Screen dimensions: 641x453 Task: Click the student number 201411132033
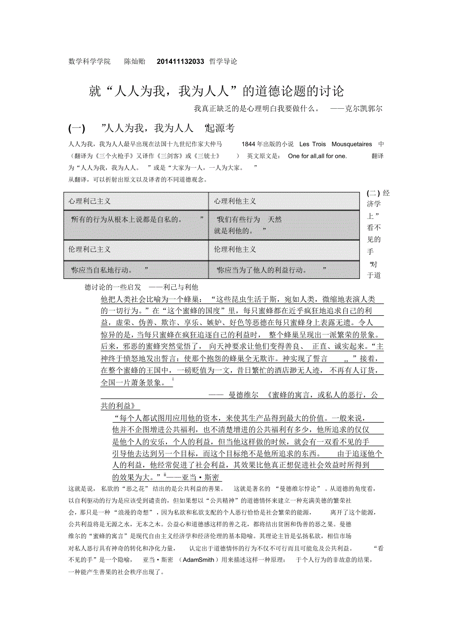180,61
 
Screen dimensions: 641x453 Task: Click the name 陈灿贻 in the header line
134,61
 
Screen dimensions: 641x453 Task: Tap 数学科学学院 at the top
90,61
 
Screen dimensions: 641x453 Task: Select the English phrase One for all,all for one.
318,156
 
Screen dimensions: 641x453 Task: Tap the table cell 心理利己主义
90,201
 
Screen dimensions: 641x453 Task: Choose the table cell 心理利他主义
235,201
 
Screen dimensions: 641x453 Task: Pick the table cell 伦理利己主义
90,249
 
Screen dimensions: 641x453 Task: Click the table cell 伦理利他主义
235,249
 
